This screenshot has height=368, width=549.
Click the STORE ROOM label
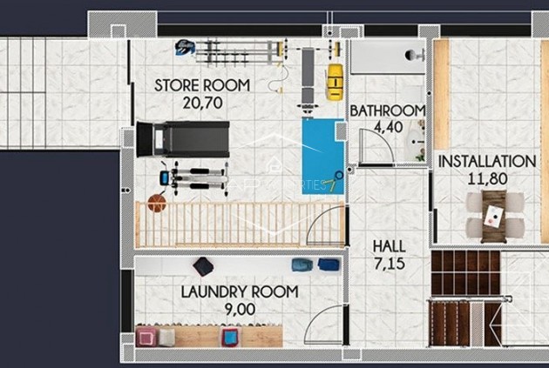[202, 85]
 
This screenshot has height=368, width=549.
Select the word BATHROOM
[388, 110]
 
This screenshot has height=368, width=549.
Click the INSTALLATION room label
[486, 161]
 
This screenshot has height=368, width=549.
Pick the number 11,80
[486, 180]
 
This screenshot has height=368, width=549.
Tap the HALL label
[389, 246]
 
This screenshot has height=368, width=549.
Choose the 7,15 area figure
[389, 262]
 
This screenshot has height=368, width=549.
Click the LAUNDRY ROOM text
[240, 292]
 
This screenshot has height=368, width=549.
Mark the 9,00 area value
[240, 309]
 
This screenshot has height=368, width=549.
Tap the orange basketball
[156, 203]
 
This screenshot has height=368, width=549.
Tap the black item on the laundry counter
[203, 266]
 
